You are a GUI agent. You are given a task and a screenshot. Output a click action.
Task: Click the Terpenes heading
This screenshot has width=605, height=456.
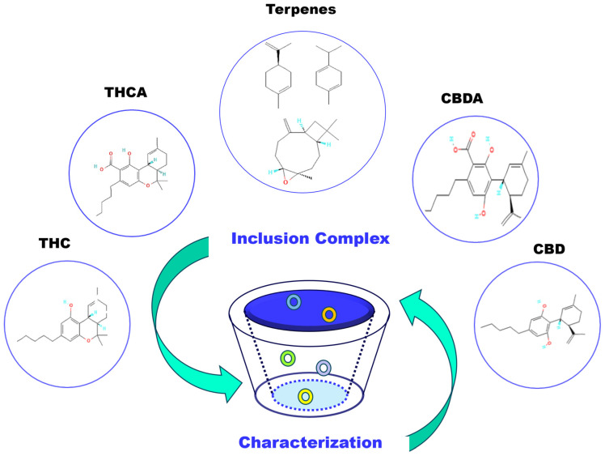coord(302,11)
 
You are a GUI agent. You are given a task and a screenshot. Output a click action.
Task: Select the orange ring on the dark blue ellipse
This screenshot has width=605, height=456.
coord(328,314)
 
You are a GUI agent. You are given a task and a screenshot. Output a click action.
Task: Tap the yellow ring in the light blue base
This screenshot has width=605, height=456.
coord(305,396)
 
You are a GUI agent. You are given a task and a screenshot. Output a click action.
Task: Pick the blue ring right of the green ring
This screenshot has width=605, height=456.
coord(324,368)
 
